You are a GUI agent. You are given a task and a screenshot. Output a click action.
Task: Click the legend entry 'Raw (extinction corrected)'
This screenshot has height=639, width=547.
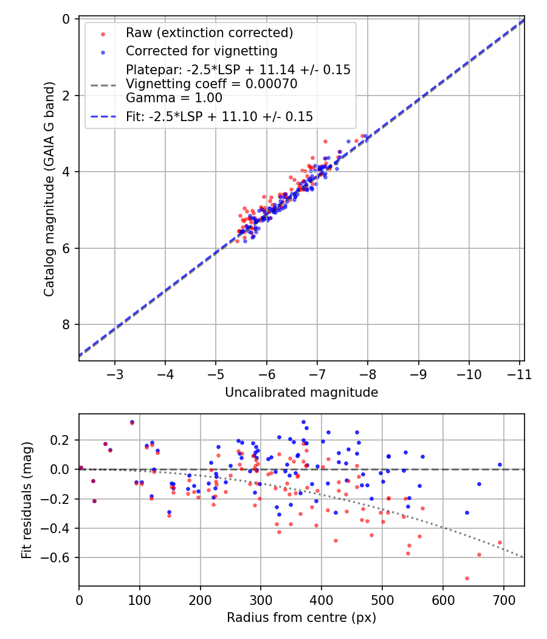click(x=209, y=33)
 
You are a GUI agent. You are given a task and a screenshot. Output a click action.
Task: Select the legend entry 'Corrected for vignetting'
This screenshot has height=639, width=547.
click(x=201, y=51)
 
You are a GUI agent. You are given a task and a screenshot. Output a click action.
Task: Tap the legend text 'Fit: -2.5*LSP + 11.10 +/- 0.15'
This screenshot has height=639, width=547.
click(x=219, y=116)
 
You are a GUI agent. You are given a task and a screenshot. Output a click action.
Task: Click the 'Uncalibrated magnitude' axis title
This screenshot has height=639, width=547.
click(x=301, y=393)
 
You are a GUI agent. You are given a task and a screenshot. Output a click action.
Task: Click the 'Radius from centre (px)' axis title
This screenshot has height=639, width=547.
click(x=301, y=618)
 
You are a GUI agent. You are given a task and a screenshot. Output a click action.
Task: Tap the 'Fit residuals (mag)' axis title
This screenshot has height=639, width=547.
click(x=27, y=500)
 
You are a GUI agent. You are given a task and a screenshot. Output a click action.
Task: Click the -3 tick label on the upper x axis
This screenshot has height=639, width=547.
click(x=115, y=374)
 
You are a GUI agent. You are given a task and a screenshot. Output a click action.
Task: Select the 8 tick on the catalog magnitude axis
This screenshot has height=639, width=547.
click(x=67, y=324)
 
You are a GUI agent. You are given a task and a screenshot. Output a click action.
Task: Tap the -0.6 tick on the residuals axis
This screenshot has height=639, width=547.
click(x=61, y=558)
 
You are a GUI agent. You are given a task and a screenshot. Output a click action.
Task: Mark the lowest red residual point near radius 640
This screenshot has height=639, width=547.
click(x=467, y=578)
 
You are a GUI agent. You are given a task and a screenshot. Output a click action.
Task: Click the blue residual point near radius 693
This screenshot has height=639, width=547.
click(x=500, y=464)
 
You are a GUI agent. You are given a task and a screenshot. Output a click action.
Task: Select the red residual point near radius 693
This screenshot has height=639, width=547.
click(x=500, y=542)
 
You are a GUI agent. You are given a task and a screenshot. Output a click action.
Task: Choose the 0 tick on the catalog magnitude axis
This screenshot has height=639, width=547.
click(x=67, y=19)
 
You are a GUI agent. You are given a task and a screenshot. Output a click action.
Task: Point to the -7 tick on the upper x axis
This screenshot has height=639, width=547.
click(x=317, y=374)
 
